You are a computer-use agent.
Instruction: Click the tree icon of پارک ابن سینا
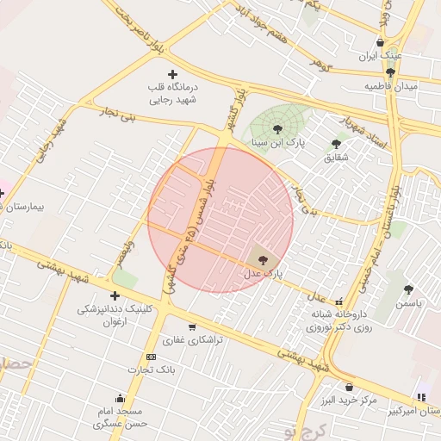point(276,128)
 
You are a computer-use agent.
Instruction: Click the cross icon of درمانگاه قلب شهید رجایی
point(173,75)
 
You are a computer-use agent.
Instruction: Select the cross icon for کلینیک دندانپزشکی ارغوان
point(115,295)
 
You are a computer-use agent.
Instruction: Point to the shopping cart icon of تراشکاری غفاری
point(191,327)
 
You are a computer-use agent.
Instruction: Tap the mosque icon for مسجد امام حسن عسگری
point(119,399)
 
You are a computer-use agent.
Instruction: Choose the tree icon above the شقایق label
point(335,144)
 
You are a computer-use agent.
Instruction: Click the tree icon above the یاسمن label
point(407,290)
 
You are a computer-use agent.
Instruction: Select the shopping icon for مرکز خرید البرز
point(349,387)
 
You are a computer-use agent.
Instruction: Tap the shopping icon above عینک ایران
point(380,42)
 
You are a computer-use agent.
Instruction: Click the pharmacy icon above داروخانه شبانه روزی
point(339,301)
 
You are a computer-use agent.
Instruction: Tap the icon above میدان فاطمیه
point(391,72)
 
